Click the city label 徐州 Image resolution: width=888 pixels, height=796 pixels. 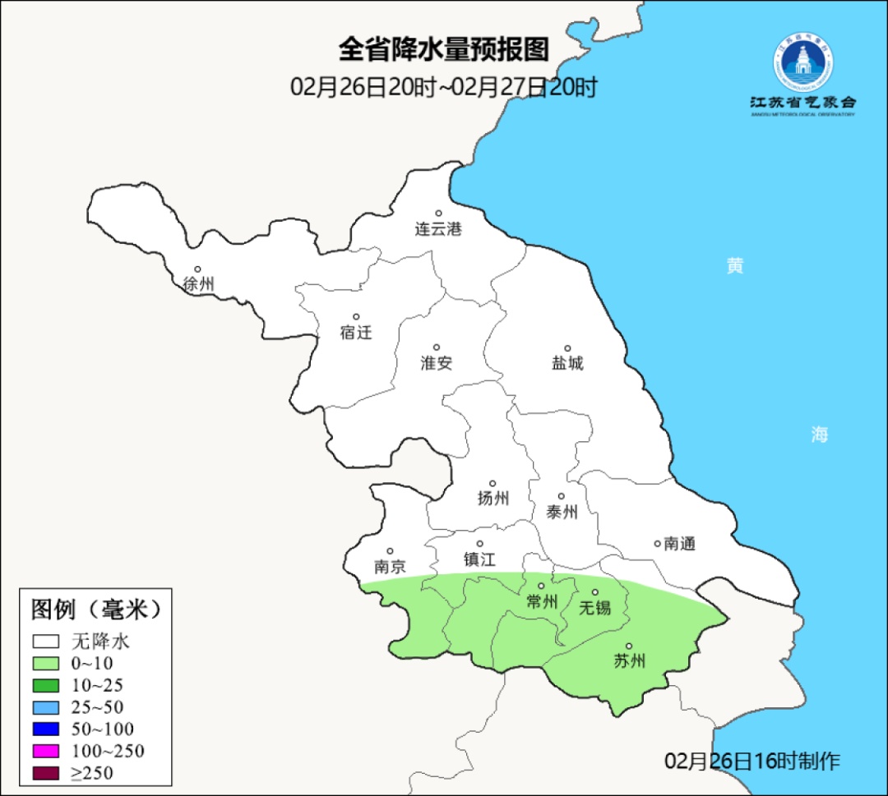198,284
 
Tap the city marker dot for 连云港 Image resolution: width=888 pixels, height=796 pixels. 438,214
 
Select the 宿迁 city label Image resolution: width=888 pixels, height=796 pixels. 356,333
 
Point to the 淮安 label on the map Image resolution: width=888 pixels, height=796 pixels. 437,363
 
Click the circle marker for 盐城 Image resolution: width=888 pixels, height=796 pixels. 567,348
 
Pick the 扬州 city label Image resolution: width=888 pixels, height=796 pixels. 493,498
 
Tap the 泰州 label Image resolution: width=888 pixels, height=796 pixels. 562,513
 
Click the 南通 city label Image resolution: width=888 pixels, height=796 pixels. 680,544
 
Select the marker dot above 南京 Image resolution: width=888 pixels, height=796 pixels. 390,552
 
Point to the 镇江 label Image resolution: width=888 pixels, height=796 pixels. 480,559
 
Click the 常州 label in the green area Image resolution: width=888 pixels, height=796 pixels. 542,602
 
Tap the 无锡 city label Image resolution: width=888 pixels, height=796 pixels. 595,608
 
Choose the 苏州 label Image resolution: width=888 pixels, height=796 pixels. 630,660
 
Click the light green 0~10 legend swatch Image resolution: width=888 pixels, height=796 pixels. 46,664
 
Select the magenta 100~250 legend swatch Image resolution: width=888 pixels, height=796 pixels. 46,751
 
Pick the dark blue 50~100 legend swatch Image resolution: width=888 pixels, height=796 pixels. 46,729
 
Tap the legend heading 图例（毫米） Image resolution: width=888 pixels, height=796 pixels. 95,610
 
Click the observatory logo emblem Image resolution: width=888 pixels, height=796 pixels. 802,63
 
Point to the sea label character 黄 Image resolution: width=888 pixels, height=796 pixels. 734,266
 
